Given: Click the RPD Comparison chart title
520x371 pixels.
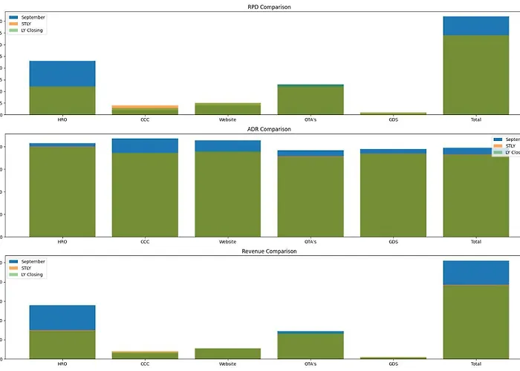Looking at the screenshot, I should pyautogui.click(x=269, y=7).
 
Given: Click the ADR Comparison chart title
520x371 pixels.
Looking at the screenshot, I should pyautogui.click(x=269, y=129).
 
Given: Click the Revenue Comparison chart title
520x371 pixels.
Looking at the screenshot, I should pyautogui.click(x=269, y=252).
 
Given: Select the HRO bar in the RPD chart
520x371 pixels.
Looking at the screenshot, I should pyautogui.click(x=62, y=89).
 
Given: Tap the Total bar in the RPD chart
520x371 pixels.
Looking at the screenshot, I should pyautogui.click(x=476, y=67).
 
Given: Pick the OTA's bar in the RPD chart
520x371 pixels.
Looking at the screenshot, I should pyautogui.click(x=311, y=100).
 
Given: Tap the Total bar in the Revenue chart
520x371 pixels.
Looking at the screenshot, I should pyautogui.click(x=476, y=312).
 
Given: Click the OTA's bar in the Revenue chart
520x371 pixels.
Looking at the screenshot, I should pyautogui.click(x=311, y=346).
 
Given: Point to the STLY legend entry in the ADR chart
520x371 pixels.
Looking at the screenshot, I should pyautogui.click(x=510, y=146).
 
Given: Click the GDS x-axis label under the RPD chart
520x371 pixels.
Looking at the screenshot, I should pyautogui.click(x=393, y=119).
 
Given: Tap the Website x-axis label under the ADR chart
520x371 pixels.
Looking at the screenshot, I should pyautogui.click(x=228, y=242).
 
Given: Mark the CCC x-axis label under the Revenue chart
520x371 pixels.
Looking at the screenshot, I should pyautogui.click(x=145, y=364).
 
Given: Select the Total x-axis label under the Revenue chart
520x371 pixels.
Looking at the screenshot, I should pyautogui.click(x=476, y=364).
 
